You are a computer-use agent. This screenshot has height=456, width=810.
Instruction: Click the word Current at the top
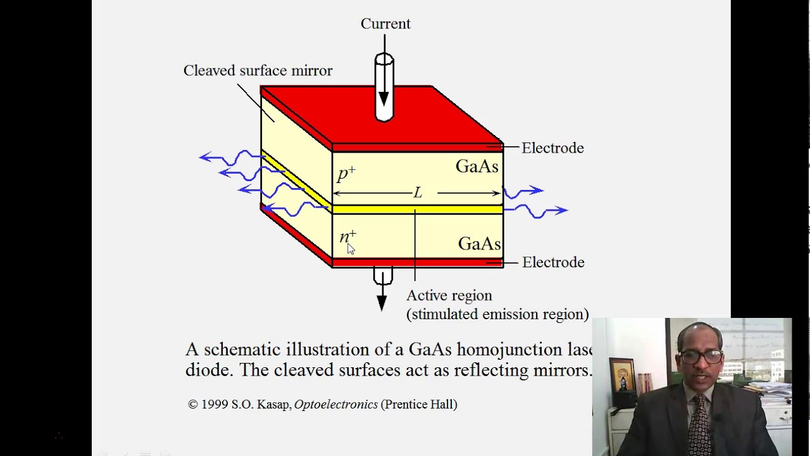[x=385, y=24]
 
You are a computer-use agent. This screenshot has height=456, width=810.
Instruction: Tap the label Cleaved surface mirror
[x=258, y=71]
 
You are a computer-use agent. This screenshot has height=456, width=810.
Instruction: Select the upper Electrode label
[x=552, y=148]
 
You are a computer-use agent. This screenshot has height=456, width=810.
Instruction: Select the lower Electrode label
[x=553, y=262]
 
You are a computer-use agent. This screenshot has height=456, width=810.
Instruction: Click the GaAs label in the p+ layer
[x=477, y=167]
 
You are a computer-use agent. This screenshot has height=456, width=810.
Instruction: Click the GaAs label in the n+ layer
[x=479, y=244]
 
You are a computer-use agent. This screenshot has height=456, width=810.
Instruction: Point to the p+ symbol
[x=346, y=174]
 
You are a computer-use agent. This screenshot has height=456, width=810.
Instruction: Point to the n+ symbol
[x=347, y=237]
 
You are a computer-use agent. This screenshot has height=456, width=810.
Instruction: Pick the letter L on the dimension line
[x=418, y=193]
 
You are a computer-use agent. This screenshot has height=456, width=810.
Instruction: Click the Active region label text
[x=449, y=296]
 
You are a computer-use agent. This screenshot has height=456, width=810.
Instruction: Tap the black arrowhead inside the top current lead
[x=383, y=99]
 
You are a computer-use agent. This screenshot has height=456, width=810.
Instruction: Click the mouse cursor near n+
[x=351, y=249]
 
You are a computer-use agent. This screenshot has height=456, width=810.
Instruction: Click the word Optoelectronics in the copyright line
[x=335, y=404]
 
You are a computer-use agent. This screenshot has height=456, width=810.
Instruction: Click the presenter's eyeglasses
[x=702, y=357]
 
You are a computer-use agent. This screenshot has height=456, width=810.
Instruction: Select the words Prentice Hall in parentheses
[x=419, y=404]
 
